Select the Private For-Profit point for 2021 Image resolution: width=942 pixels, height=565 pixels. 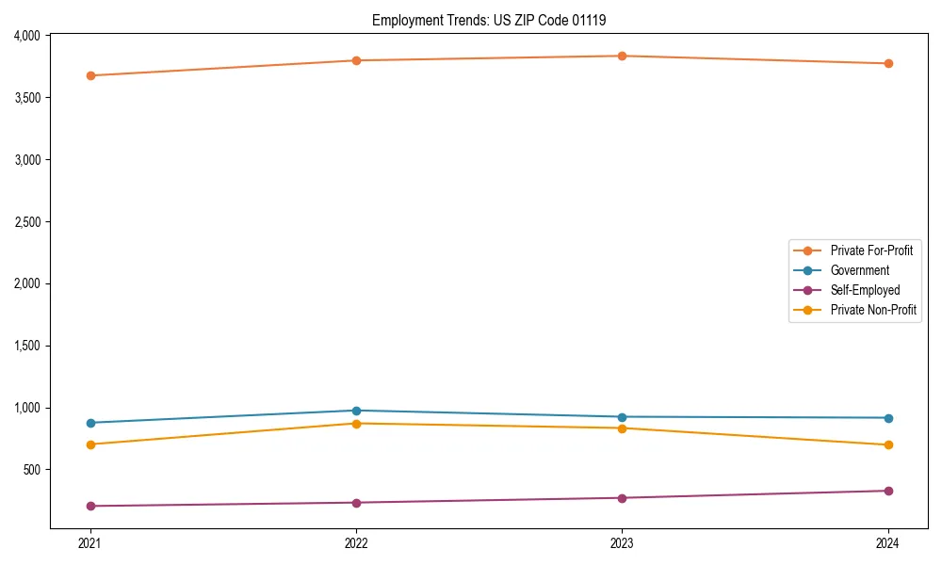pyautogui.click(x=89, y=75)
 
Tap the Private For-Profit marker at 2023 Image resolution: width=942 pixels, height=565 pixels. pyautogui.click(x=622, y=56)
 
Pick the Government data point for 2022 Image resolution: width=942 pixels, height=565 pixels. pyautogui.click(x=356, y=411)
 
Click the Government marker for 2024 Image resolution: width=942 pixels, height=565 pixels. pyautogui.click(x=888, y=418)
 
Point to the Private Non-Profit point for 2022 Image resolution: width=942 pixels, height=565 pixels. pyautogui.click(x=356, y=424)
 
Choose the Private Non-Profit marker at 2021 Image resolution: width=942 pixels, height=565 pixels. pyautogui.click(x=89, y=444)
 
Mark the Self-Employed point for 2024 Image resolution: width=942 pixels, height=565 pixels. pyautogui.click(x=888, y=491)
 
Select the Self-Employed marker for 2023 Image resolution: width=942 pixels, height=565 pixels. pyautogui.click(x=622, y=498)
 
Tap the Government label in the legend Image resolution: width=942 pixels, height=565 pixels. pyautogui.click(x=860, y=270)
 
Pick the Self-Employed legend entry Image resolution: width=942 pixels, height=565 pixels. pyautogui.click(x=865, y=290)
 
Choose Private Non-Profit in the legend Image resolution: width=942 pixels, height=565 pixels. pyautogui.click(x=873, y=310)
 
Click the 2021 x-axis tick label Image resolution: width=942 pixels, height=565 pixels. pyautogui.click(x=89, y=543)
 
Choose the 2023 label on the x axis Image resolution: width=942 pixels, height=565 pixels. pyautogui.click(x=622, y=543)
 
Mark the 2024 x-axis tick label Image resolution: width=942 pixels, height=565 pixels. pyautogui.click(x=888, y=543)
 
